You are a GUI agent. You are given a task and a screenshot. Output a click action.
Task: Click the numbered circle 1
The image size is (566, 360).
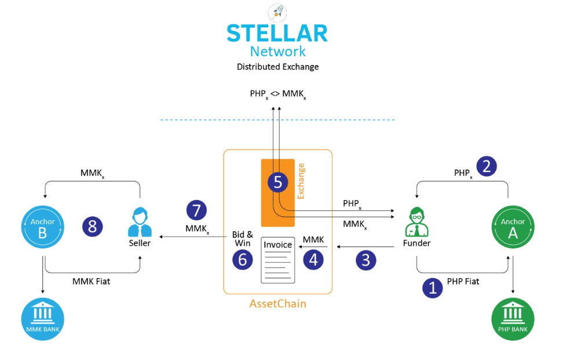[x=432, y=287]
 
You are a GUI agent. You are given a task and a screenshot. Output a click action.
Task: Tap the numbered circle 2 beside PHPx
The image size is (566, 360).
[x=487, y=166]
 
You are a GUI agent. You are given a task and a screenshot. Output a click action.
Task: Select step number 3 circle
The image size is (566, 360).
[x=366, y=260]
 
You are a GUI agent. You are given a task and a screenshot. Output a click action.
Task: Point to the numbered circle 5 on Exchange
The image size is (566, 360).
[x=277, y=182]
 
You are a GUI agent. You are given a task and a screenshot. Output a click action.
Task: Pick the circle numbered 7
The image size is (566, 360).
[x=196, y=210]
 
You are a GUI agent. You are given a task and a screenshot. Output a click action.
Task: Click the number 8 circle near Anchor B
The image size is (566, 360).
[x=93, y=226]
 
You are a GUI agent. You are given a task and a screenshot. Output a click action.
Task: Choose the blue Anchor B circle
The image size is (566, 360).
[x=43, y=227]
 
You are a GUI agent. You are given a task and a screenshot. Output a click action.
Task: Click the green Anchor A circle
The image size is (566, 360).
[x=512, y=227]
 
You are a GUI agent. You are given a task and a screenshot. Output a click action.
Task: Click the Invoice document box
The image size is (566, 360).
[x=278, y=260]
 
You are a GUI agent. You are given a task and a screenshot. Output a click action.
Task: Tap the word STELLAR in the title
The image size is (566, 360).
[x=277, y=33]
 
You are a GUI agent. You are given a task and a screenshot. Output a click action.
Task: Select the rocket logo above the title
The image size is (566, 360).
[x=277, y=11]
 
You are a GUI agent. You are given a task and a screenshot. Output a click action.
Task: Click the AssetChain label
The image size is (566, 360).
[x=277, y=303]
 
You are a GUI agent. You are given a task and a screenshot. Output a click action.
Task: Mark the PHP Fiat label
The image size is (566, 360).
[x=463, y=282]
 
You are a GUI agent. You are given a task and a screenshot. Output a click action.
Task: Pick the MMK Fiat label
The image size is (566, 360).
[x=91, y=282]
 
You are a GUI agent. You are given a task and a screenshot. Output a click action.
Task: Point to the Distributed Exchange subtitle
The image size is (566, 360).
[x=277, y=67]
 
